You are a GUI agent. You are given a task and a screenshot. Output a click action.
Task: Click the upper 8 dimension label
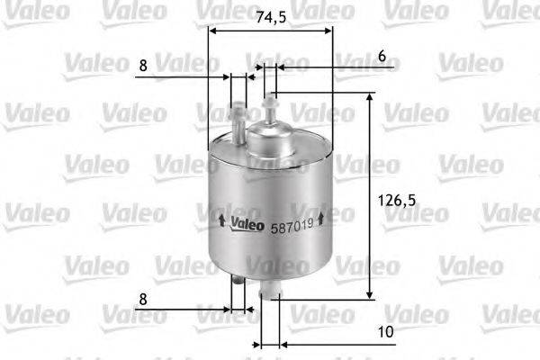(x=143, y=66)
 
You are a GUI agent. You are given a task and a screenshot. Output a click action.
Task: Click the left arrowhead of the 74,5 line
(x=212, y=30)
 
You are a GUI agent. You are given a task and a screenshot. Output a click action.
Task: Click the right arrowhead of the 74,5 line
(x=328, y=30)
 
